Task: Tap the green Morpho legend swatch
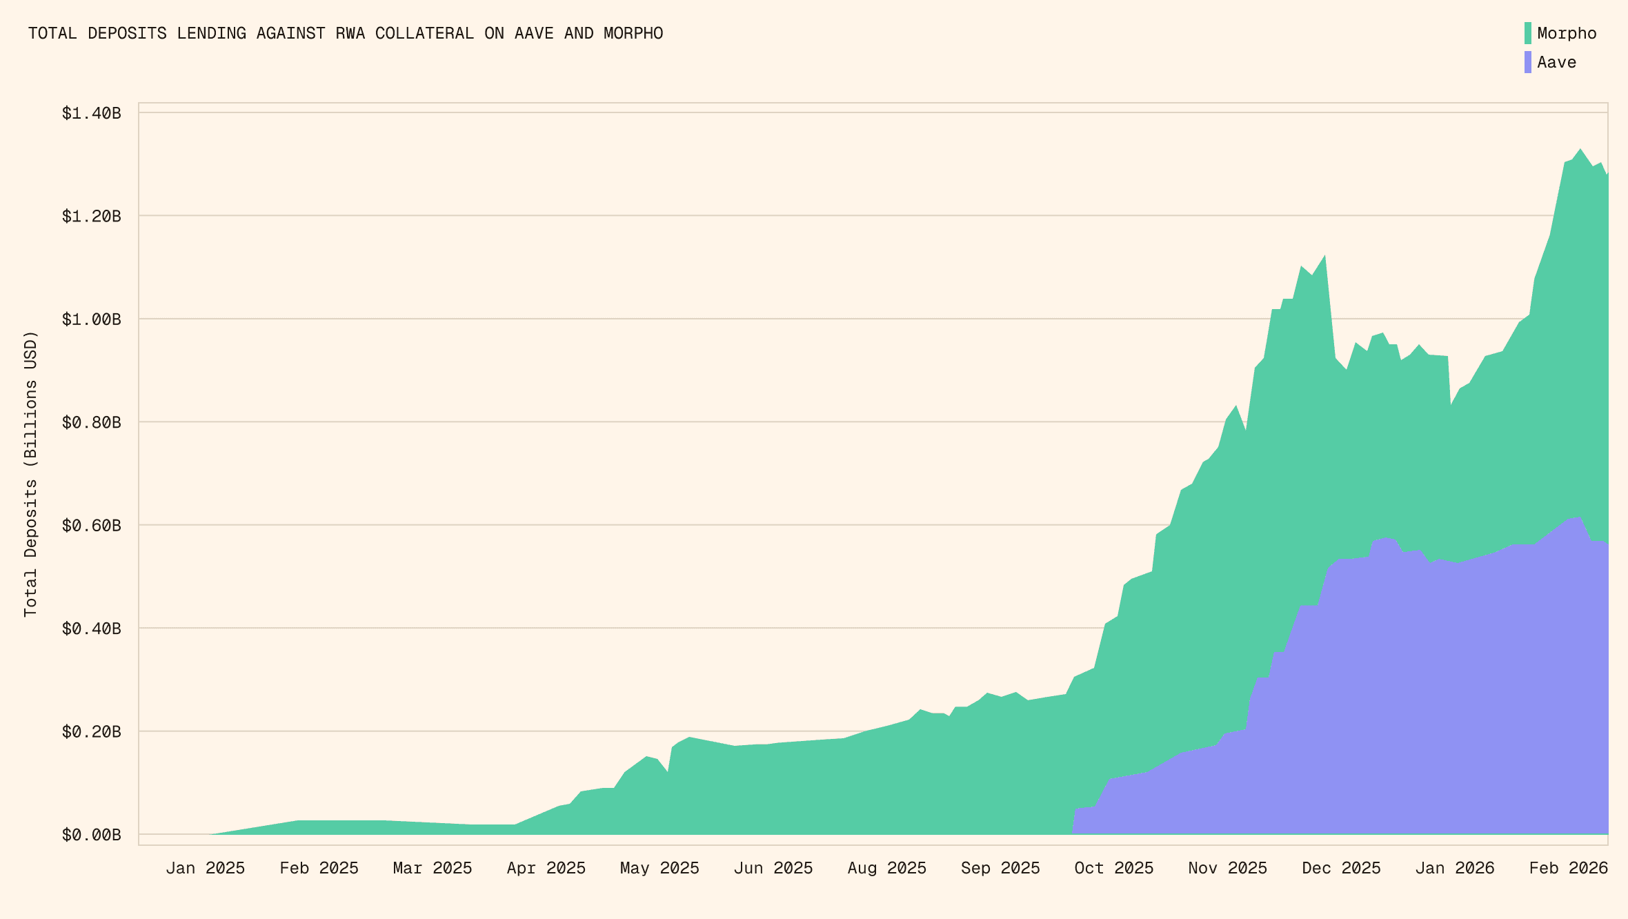click(x=1528, y=33)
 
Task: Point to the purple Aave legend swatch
click(x=1528, y=62)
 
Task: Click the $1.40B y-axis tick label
click(x=91, y=113)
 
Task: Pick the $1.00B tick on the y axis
click(x=91, y=319)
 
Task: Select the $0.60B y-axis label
click(x=91, y=526)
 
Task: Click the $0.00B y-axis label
click(x=91, y=835)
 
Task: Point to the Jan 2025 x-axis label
click(x=205, y=868)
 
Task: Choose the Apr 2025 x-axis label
click(x=546, y=868)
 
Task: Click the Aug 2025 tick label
click(x=886, y=868)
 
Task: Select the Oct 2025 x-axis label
click(x=1113, y=868)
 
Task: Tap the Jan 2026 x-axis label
click(x=1454, y=868)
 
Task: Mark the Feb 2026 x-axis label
click(x=1568, y=868)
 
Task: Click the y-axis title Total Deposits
click(x=30, y=474)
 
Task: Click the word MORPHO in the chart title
click(x=633, y=33)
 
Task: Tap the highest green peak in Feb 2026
click(x=1580, y=150)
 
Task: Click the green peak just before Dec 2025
click(x=1324, y=257)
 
